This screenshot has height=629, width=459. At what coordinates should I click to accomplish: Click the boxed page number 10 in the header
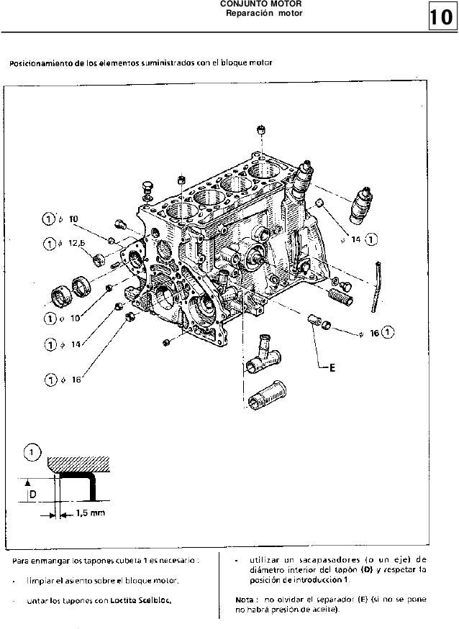[442, 17]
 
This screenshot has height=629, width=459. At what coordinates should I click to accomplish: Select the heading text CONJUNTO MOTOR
[260, 4]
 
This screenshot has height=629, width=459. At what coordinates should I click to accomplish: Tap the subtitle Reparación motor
[260, 14]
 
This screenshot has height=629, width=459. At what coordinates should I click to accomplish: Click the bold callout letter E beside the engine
[333, 369]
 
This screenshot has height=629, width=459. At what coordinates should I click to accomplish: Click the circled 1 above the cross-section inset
[31, 451]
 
